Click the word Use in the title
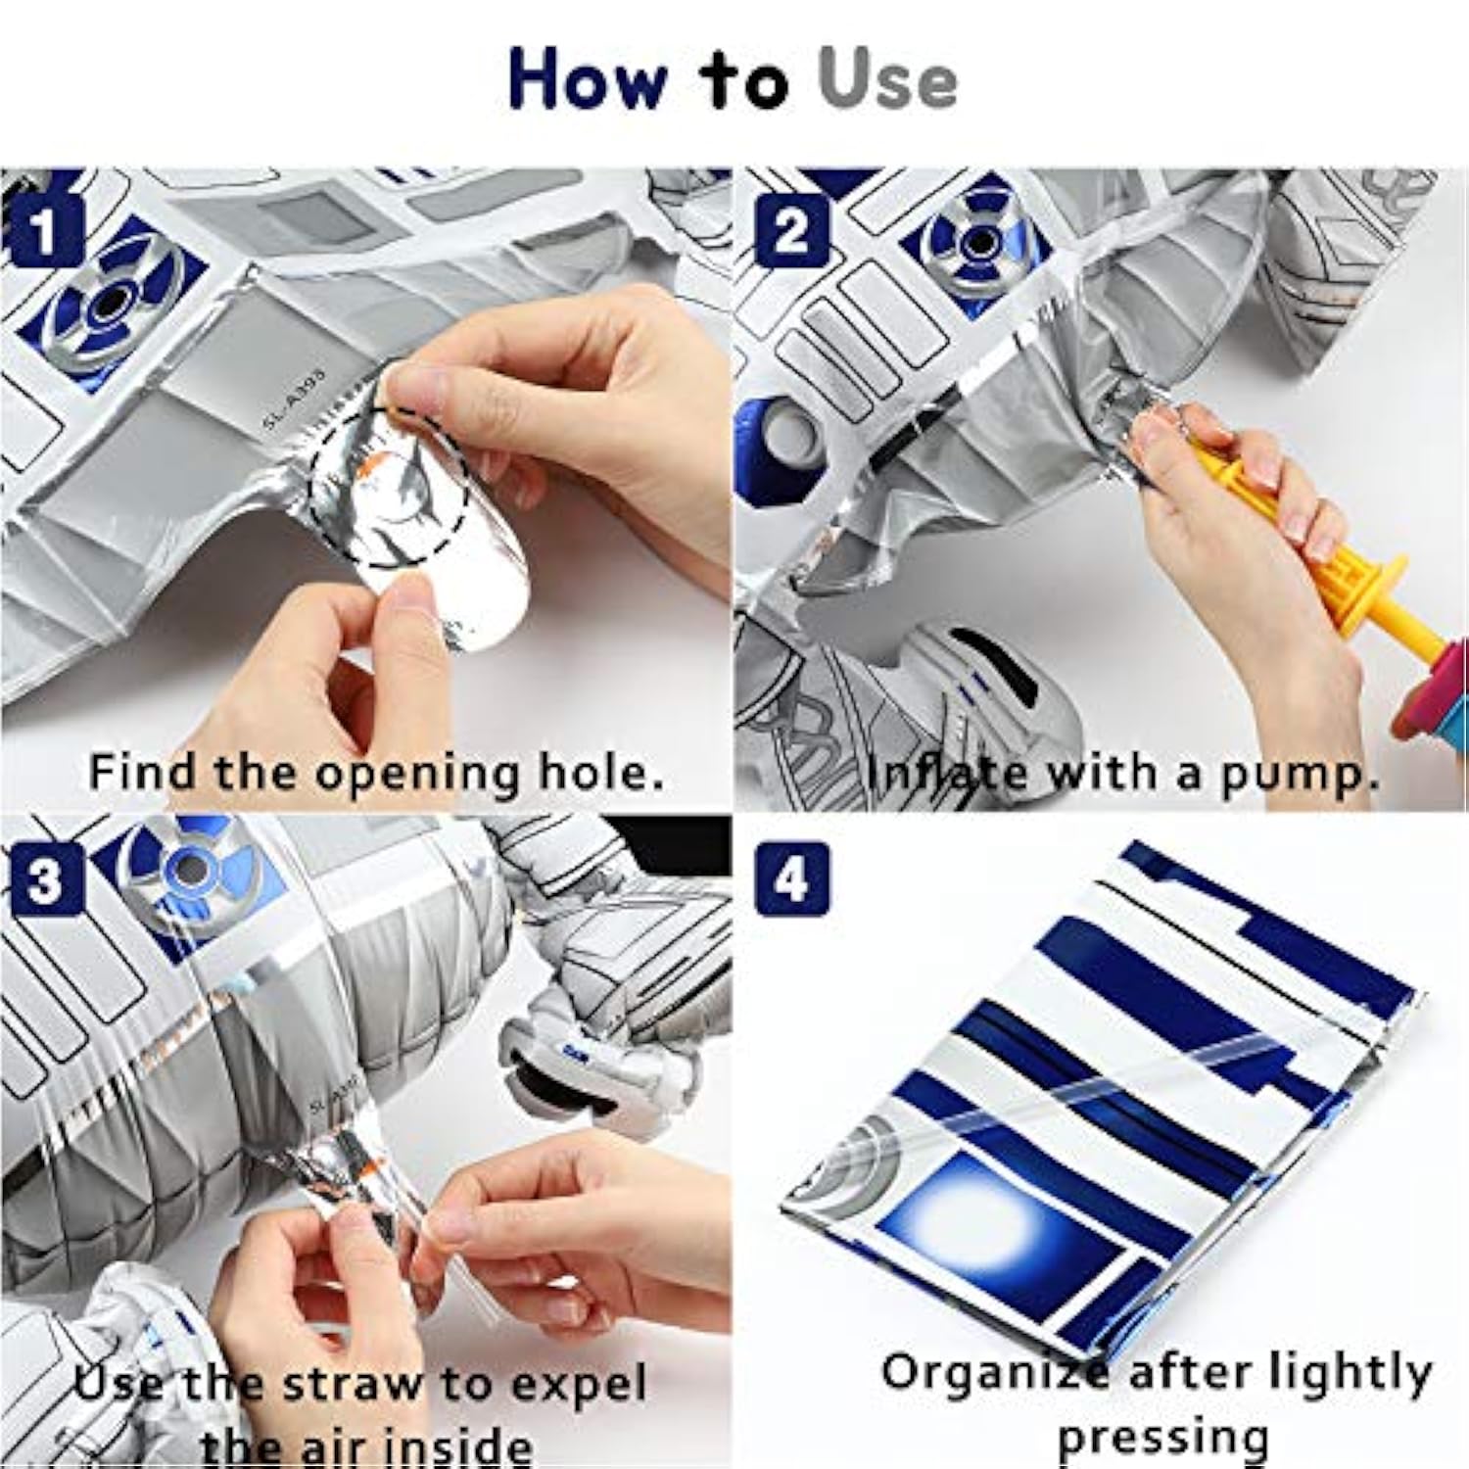(x=887, y=80)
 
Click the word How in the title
(x=586, y=80)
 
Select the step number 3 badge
(x=43, y=879)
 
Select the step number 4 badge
(x=791, y=879)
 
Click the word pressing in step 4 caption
(x=1163, y=1438)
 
